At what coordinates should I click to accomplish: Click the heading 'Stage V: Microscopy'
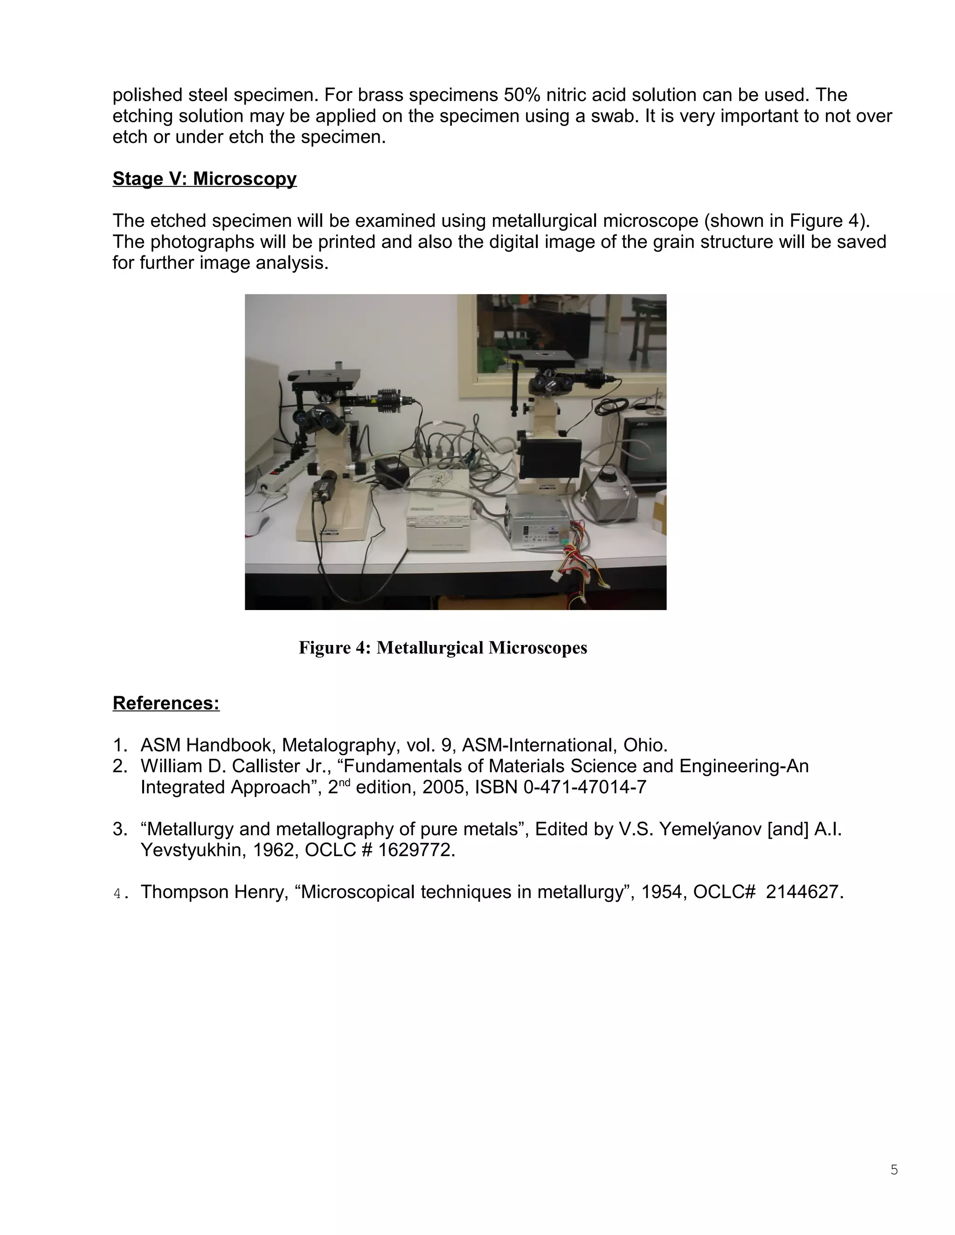pos(204,178)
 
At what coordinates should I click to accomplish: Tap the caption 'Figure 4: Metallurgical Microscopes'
pos(443,647)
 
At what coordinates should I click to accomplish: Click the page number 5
pos(894,1169)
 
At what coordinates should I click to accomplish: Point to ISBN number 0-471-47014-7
pos(585,787)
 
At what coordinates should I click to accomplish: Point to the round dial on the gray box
pos(610,472)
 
